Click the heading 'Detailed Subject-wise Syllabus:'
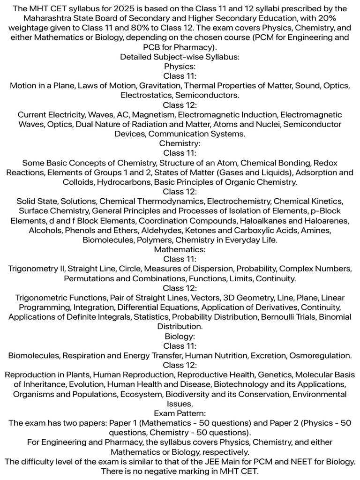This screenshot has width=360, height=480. (x=180, y=57)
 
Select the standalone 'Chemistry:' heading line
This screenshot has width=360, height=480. (x=180, y=143)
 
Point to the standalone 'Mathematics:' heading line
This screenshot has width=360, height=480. (x=180, y=249)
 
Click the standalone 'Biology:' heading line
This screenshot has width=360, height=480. (x=180, y=336)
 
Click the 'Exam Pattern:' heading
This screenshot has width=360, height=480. (x=180, y=413)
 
